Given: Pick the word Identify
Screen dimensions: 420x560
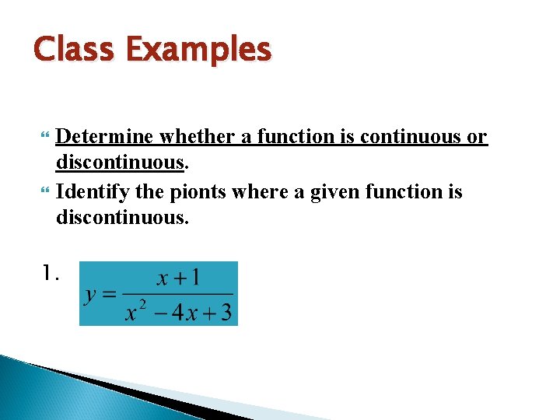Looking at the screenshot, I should click(92, 191).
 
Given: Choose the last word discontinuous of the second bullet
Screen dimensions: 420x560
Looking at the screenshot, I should click(122, 219).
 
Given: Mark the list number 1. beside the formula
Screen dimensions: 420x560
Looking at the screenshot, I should click(50, 272).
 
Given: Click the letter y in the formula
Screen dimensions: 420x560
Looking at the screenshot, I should click(91, 295).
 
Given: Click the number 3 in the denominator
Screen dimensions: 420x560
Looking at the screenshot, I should click(226, 312).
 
